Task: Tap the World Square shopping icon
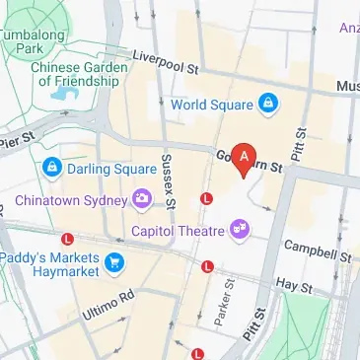(x=267, y=103)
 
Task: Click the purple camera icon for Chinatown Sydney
(x=144, y=200)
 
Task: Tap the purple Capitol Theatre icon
(x=239, y=230)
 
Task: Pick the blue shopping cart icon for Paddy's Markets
(x=116, y=261)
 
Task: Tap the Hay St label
(x=292, y=286)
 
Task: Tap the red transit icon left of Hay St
(x=207, y=266)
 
